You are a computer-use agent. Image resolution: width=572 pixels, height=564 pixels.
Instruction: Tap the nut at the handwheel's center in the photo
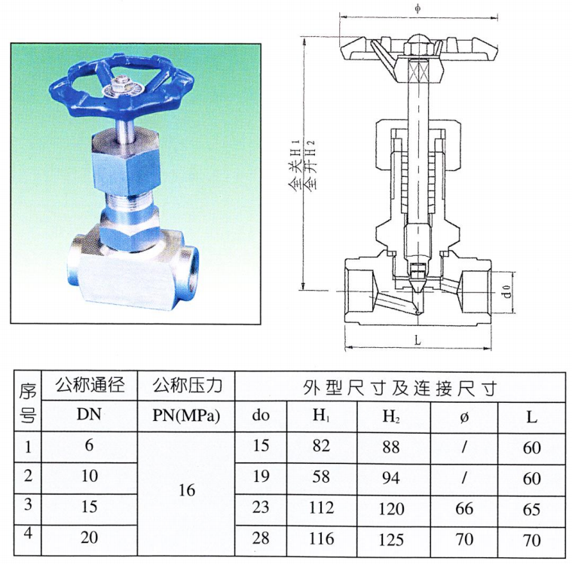pos(118,84)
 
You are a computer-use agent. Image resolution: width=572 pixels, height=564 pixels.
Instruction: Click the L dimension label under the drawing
pos(418,340)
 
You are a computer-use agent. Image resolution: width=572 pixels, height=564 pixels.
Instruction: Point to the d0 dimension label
pos(506,292)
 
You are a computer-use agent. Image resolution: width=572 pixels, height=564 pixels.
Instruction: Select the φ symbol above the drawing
pos(418,8)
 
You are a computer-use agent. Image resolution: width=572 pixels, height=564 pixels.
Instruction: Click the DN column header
pos(89,415)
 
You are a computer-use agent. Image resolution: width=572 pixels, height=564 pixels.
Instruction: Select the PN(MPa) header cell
pos(186,416)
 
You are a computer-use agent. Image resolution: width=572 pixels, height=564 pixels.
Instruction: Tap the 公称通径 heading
pos(90,385)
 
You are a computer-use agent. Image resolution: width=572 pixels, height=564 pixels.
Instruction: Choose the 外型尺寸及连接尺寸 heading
pos(400,388)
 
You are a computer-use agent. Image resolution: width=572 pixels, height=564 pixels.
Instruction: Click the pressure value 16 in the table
pos(187,490)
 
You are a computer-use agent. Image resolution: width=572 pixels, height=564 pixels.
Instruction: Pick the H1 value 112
pos(321,508)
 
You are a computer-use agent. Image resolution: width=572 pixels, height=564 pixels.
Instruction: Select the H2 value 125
pos(391,540)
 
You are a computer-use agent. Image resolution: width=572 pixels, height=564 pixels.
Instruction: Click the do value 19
pos(261,476)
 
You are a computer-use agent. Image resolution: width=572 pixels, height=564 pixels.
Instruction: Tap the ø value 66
pos(464,508)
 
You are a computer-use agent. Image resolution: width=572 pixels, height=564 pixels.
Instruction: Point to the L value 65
pos(531,509)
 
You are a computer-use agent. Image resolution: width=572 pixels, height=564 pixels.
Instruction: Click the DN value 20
pos(90,538)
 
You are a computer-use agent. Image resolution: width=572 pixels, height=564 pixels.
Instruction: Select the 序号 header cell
pos(28,402)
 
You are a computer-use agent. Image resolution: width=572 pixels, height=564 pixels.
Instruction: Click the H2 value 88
pos(391,447)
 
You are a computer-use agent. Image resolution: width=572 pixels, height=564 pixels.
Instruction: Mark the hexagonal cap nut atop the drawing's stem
pos(418,44)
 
